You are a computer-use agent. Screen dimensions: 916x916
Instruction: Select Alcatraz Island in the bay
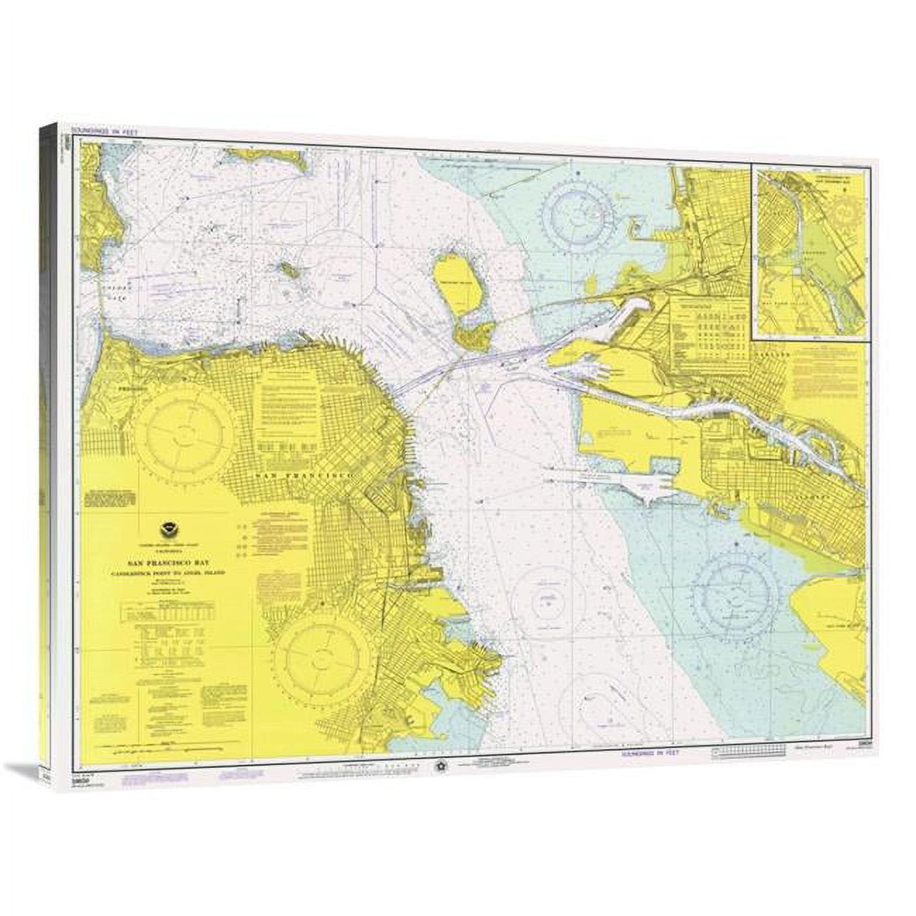(x=287, y=268)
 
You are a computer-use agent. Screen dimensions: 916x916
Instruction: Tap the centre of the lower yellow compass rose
(x=321, y=660)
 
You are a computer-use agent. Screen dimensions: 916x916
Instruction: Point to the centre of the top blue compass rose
(x=584, y=211)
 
